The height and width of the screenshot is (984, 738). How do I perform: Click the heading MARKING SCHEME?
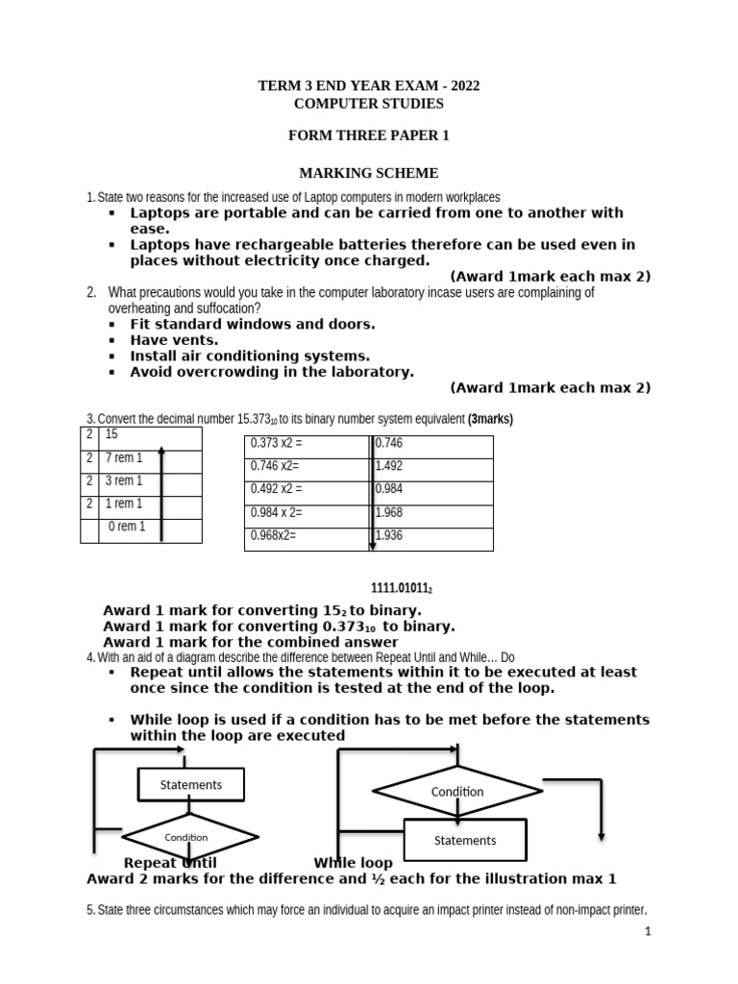coord(368,173)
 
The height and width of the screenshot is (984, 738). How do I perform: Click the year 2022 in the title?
coord(460,86)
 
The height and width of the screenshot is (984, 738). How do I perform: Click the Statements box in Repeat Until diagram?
coord(190,785)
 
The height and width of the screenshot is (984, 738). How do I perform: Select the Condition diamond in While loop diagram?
coord(457,792)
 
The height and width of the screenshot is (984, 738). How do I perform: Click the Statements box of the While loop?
coord(465,840)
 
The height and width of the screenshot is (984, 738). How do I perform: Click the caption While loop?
coord(353,863)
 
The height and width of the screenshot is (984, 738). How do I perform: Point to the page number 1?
coord(648,931)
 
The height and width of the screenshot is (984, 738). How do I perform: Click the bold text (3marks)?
coord(490,419)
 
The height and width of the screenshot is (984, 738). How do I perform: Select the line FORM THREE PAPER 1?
coord(368,135)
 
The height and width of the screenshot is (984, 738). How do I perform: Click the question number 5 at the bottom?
coord(89,910)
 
